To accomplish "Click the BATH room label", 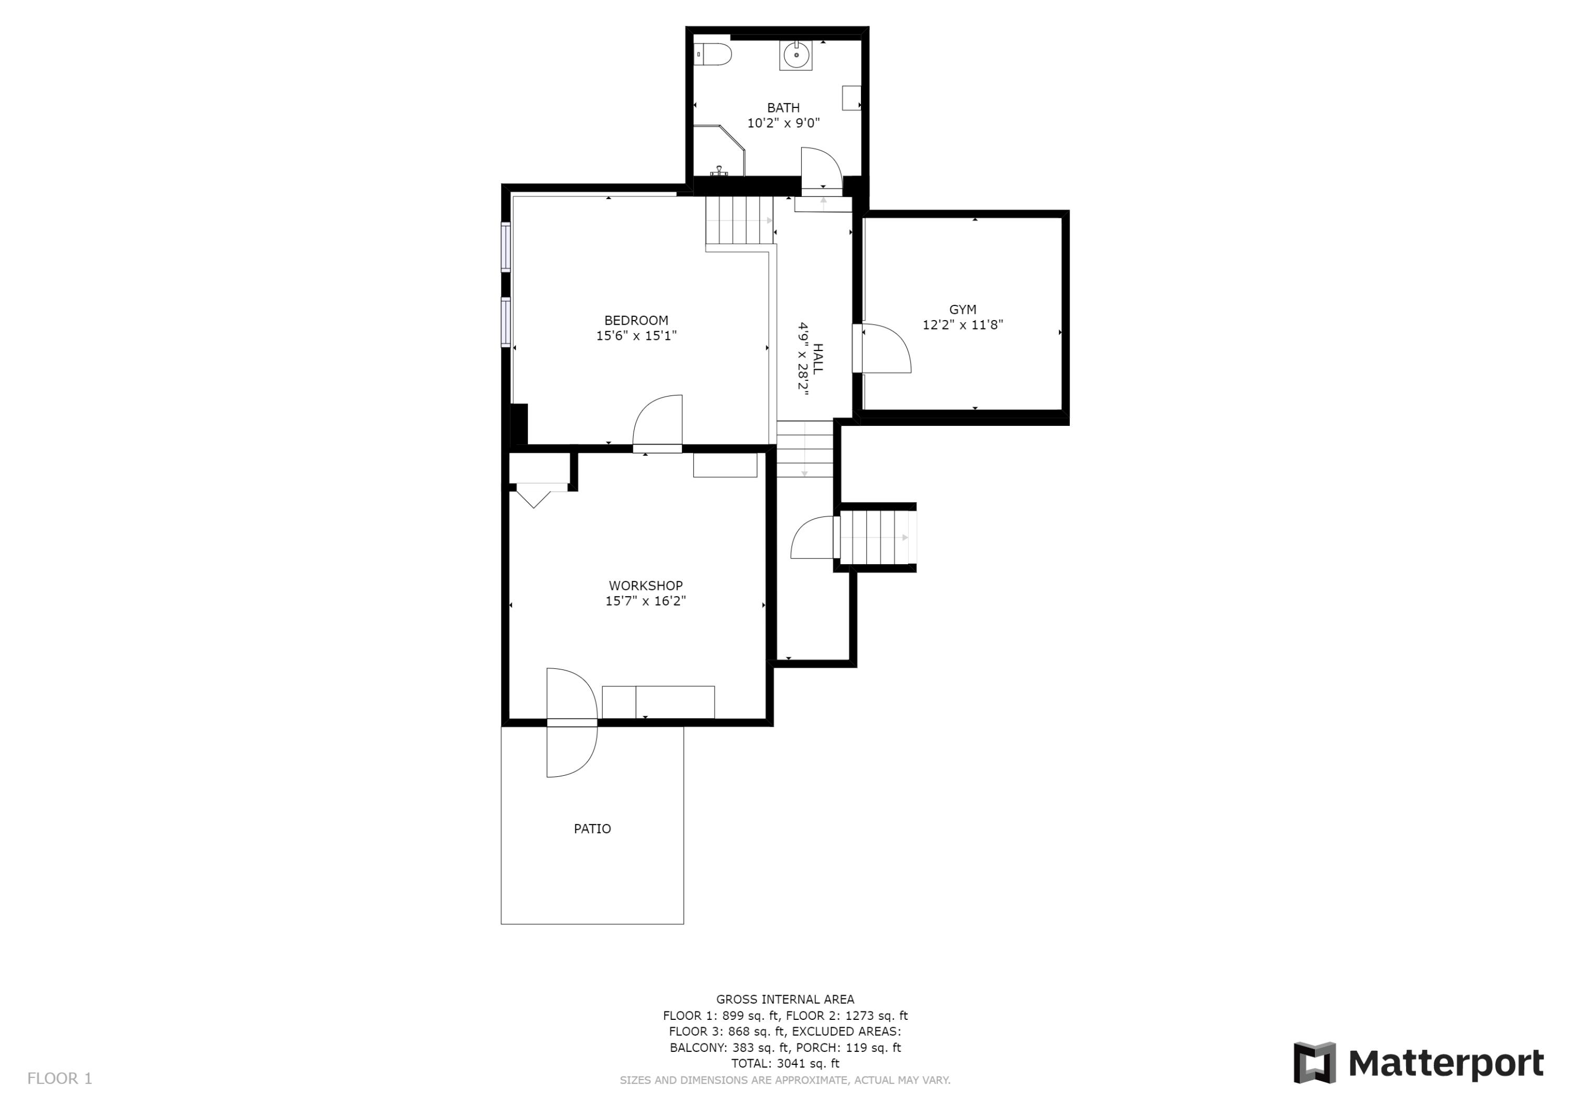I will point(783,107).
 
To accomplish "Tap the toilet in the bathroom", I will point(713,54).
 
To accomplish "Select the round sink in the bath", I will point(796,55).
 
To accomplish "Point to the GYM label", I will point(962,310).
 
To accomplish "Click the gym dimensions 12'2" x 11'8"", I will point(962,325).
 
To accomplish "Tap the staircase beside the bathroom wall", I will point(739,221).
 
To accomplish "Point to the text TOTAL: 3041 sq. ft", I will point(785,1064).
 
